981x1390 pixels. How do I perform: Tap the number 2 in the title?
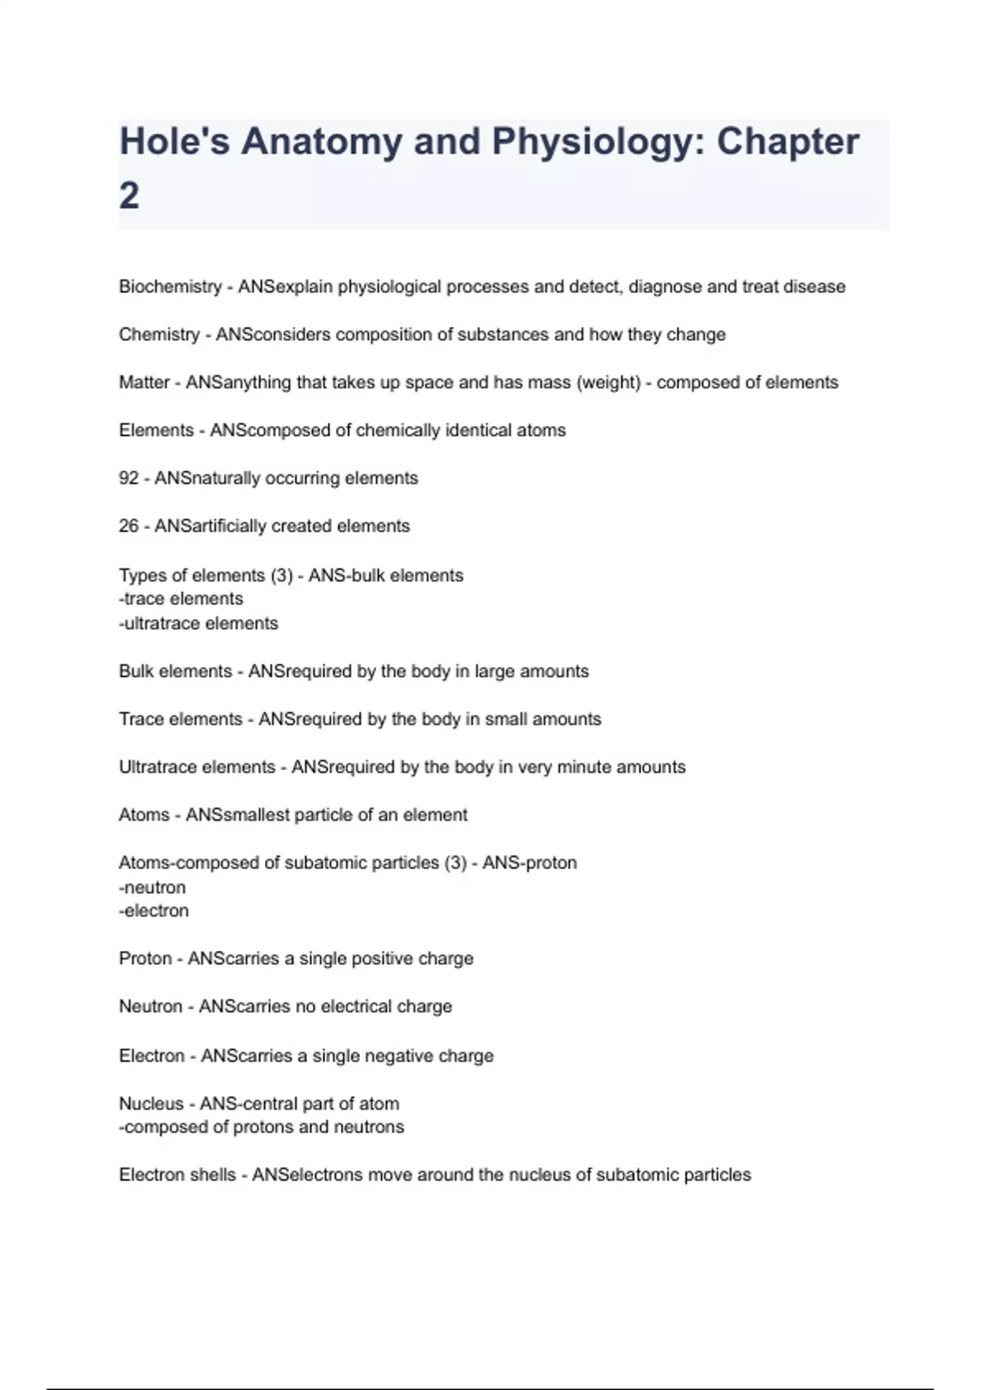pos(129,195)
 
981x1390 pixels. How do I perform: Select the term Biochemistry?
pos(170,287)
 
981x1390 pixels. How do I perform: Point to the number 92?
pos(128,478)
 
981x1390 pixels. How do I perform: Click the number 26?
pos(128,526)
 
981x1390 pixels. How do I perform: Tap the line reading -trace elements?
pos(181,599)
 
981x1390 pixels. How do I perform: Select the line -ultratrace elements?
pos(199,623)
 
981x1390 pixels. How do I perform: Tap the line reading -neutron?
pos(152,887)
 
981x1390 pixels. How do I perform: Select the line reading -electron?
pos(154,911)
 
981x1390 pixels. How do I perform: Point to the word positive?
pos(380,958)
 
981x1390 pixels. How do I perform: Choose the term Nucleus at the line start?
pos(151,1104)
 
